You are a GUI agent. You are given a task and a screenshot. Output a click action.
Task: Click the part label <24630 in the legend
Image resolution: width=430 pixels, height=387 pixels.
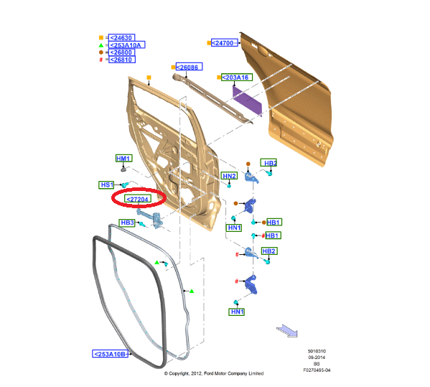pyautogui.click(x=121, y=37)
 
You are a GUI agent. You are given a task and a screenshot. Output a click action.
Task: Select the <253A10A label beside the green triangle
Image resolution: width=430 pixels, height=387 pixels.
pyautogui.click(x=126, y=45)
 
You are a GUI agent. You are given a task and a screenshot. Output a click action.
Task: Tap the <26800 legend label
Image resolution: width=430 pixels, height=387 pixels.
pyautogui.click(x=121, y=52)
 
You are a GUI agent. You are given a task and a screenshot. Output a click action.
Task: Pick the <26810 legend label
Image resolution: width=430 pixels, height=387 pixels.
pyautogui.click(x=122, y=60)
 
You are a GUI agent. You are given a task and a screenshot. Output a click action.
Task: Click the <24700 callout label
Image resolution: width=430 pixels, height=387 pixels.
pyautogui.click(x=224, y=43)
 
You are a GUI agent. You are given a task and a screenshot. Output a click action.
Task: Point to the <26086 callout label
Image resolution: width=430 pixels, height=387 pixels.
pyautogui.click(x=189, y=67)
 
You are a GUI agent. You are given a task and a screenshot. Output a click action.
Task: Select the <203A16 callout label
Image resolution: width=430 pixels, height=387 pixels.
pyautogui.click(x=237, y=78)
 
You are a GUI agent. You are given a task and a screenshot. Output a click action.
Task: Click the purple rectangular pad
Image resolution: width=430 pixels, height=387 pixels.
pyautogui.click(x=247, y=101)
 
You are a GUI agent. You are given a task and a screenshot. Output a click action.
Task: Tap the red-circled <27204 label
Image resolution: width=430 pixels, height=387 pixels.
pyautogui.click(x=138, y=199)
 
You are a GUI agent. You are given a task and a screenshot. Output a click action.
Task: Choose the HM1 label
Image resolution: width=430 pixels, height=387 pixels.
pyautogui.click(x=124, y=158)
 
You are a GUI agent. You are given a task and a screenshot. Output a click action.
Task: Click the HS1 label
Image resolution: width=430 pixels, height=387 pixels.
pyautogui.click(x=106, y=185)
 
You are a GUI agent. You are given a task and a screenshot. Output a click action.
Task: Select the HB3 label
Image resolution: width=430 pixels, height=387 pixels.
pyautogui.click(x=127, y=223)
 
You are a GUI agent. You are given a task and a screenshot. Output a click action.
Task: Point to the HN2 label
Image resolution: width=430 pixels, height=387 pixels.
pyautogui.click(x=229, y=176)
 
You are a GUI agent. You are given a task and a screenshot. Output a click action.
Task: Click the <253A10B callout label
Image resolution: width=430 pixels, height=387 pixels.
pyautogui.click(x=111, y=354)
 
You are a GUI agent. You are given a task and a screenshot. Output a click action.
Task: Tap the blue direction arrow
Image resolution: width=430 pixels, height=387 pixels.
pyautogui.click(x=287, y=330)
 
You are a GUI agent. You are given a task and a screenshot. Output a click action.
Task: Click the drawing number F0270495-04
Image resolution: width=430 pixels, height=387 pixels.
pyautogui.click(x=317, y=370)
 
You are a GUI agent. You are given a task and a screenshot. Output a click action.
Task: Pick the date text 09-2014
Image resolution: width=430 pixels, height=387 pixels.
pyautogui.click(x=317, y=358)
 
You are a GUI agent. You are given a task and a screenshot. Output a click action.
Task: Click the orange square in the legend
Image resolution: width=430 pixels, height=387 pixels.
pyautogui.click(x=101, y=37)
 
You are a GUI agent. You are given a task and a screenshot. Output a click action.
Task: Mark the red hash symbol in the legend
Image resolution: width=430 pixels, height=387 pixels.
pyautogui.click(x=101, y=60)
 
